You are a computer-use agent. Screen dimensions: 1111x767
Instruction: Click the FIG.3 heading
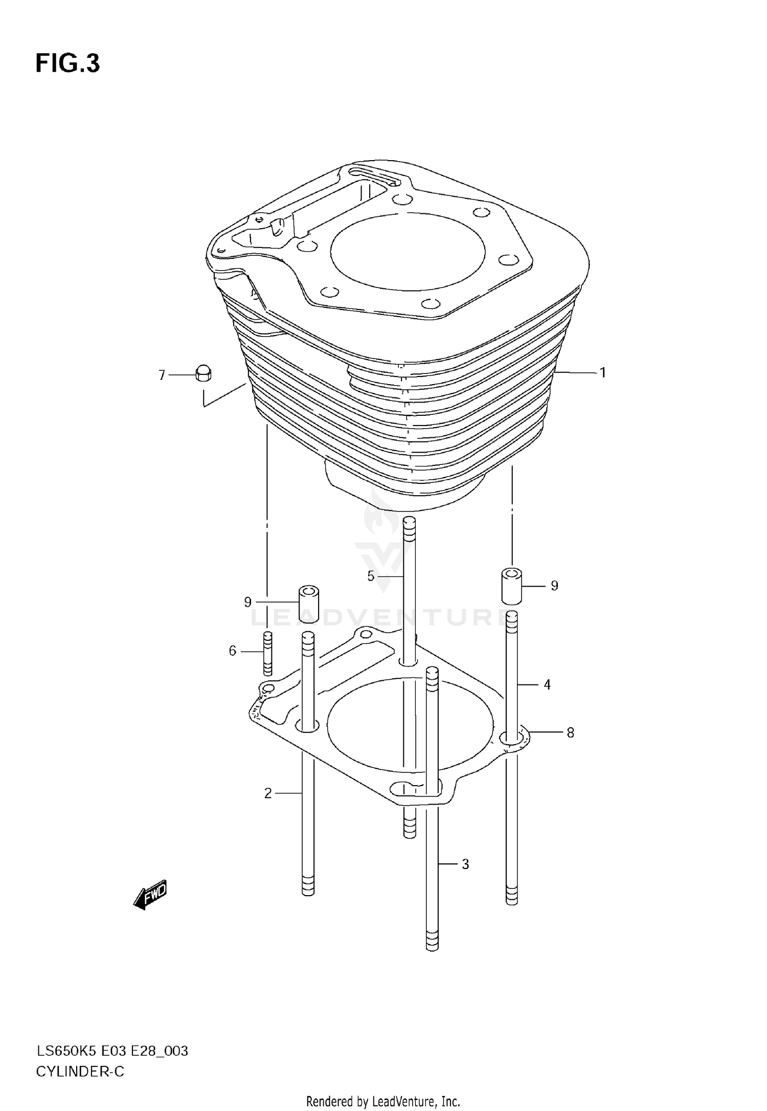(67, 64)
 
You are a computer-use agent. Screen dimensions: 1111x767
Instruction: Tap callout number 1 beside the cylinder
(603, 373)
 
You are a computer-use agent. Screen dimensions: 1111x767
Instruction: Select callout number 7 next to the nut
(162, 375)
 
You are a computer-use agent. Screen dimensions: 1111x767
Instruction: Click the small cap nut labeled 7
(204, 373)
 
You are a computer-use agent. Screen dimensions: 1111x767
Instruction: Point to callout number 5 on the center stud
(371, 576)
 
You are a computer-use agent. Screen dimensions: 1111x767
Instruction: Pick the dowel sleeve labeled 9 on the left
(309, 604)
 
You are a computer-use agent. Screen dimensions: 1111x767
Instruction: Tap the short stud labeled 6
(267, 653)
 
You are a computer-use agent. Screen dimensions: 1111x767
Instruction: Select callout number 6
(233, 651)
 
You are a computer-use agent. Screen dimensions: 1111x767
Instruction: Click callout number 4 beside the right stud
(547, 684)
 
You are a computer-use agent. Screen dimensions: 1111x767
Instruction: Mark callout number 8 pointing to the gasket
(570, 732)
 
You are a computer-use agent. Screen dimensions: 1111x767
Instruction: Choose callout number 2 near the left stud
(268, 793)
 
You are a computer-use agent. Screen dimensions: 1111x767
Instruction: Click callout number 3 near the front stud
(465, 864)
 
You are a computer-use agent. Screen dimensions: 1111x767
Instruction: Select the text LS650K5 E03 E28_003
(112, 1051)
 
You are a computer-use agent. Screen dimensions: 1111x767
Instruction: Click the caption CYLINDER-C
(80, 1072)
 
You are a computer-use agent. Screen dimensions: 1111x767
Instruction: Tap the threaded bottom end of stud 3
(432, 939)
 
